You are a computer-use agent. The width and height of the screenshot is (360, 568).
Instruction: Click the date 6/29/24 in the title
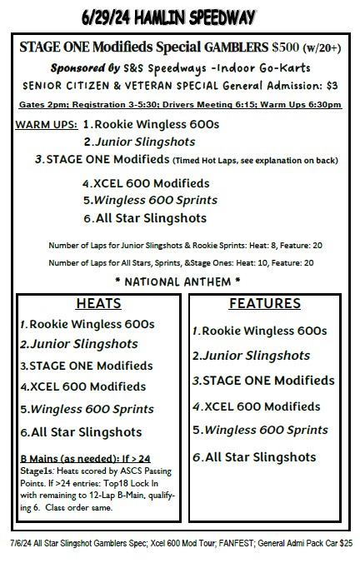pyautogui.click(x=108, y=17)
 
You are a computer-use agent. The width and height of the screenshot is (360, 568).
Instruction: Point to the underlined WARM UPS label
pyautogui.click(x=47, y=124)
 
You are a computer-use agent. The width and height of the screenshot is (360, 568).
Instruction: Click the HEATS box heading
pyautogui.click(x=98, y=304)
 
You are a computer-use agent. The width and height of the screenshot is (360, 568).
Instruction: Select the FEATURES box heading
pyautogui.click(x=264, y=304)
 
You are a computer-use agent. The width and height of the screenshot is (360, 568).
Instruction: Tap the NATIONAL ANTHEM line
pyautogui.click(x=178, y=281)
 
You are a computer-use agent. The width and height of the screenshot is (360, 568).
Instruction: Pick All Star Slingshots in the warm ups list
pyautogui.click(x=150, y=218)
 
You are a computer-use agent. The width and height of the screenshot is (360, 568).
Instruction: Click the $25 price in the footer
pyautogui.click(x=345, y=542)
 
